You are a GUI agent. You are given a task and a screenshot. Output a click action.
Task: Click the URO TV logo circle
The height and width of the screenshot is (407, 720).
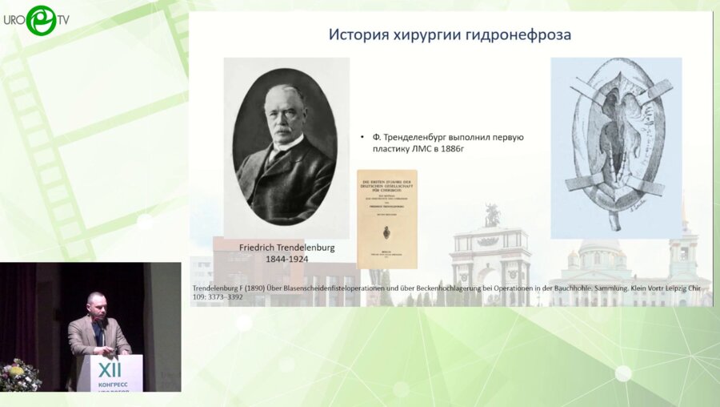point(41,20)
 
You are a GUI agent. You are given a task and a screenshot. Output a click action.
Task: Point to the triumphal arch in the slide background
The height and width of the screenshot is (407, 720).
point(490,256)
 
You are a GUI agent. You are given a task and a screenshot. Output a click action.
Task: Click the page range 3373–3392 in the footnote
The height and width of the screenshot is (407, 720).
point(226,297)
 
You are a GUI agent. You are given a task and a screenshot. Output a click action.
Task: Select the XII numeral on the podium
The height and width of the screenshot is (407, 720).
point(110,367)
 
